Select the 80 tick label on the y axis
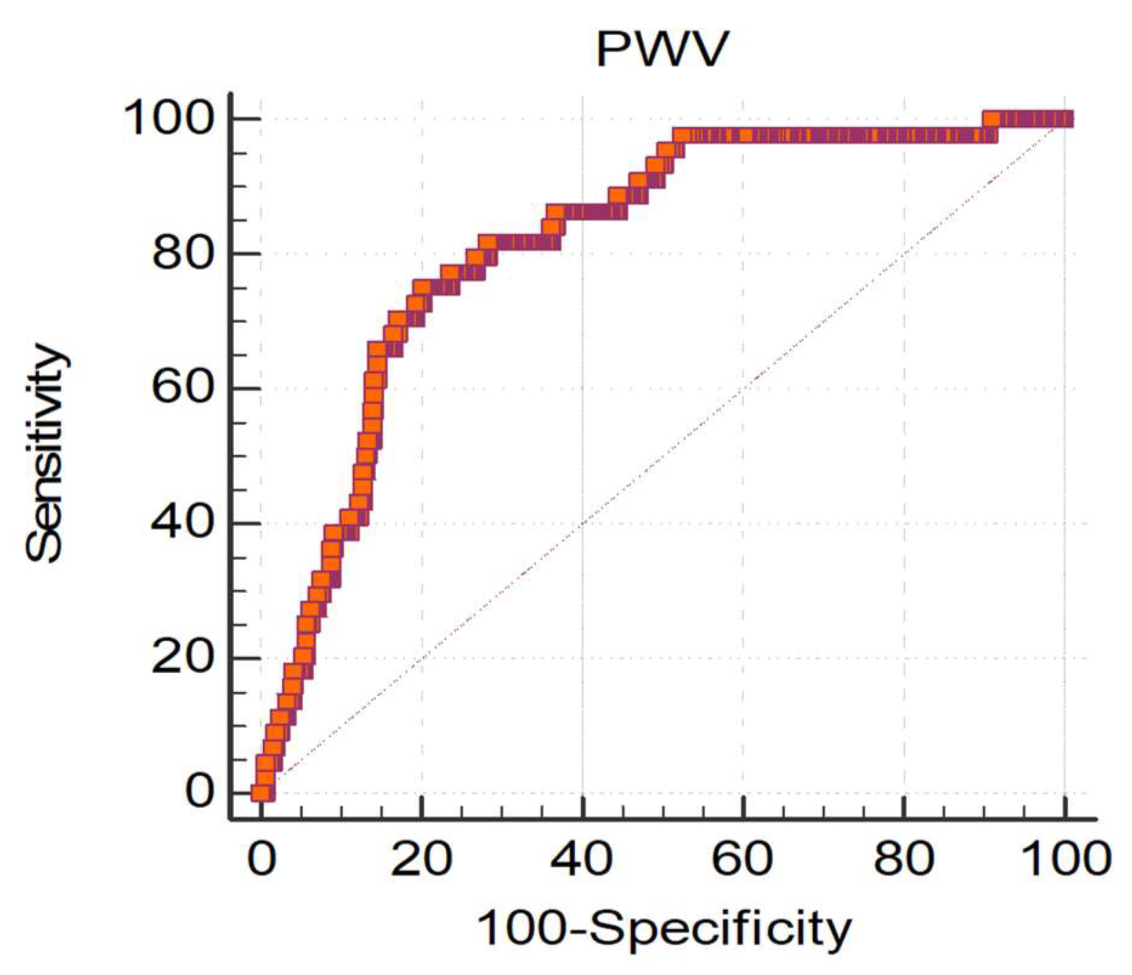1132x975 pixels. click(182, 254)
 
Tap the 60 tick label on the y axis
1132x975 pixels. click(182, 388)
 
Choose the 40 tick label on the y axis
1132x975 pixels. click(182, 523)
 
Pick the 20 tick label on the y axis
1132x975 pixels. click(182, 658)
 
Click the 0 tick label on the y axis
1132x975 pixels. click(199, 792)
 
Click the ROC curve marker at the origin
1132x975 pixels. click(261, 793)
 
